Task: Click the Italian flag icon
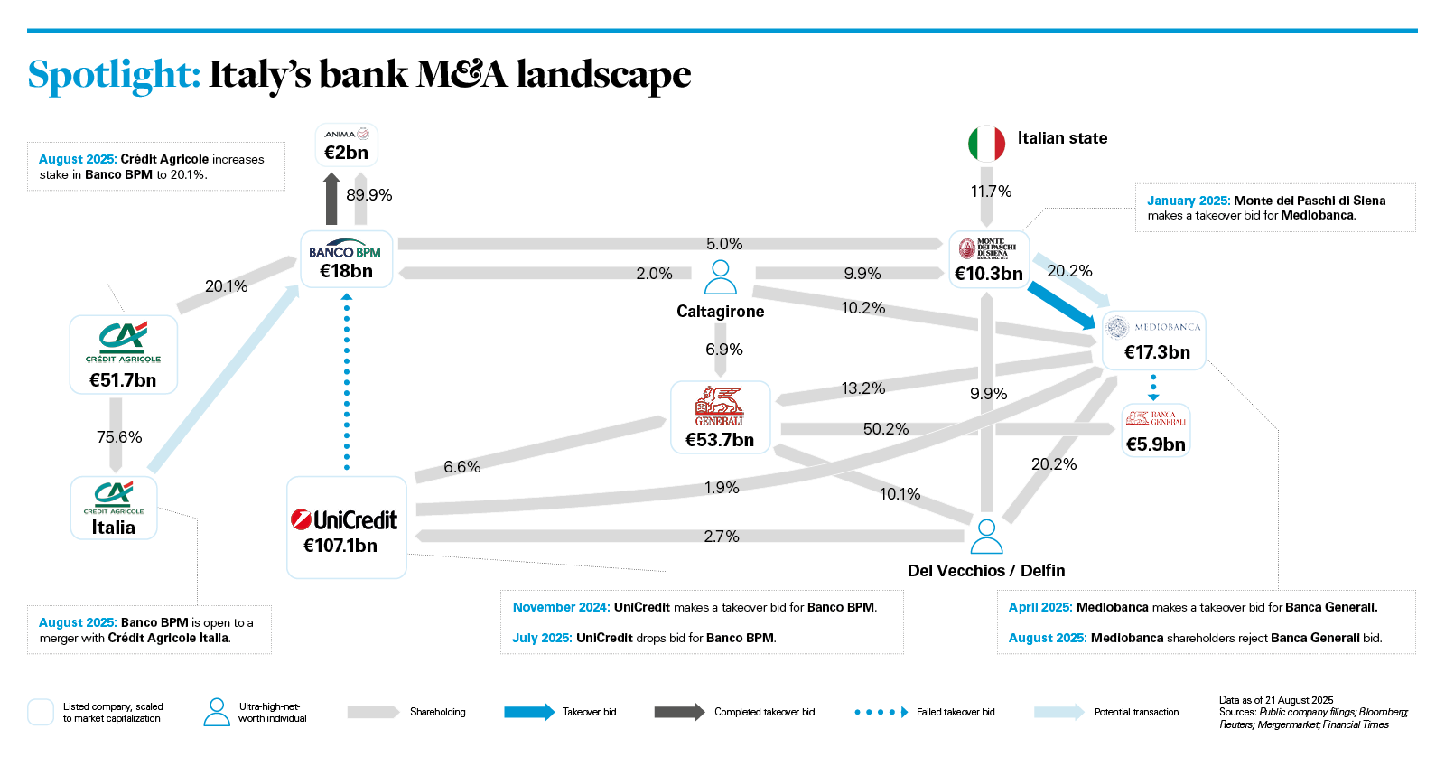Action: pos(986,144)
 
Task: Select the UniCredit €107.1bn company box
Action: pos(346,528)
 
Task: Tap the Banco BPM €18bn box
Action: pos(346,259)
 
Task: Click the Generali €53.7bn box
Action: pos(720,417)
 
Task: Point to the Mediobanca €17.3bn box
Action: pos(1153,340)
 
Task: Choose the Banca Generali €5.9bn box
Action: pos(1155,431)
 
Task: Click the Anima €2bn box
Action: pos(346,145)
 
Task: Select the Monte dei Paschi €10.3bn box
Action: pos(989,260)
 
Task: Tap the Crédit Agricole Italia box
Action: pos(114,509)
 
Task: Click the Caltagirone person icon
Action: pos(720,277)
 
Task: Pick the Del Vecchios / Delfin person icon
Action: pos(986,536)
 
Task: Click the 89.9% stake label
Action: pos(368,195)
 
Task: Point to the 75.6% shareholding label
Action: pos(119,437)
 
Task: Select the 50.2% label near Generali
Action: pos(885,429)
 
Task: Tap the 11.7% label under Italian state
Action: pos(991,192)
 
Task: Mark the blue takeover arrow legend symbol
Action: pos(529,712)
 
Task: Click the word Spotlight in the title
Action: pos(114,74)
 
